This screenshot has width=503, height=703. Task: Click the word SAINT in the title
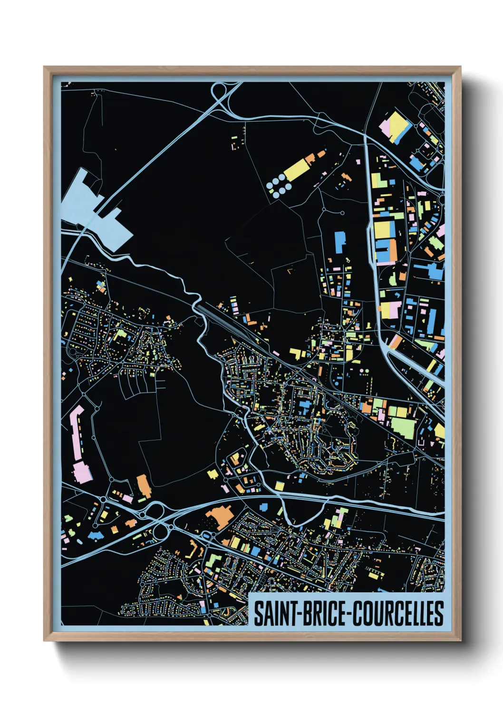(x=274, y=613)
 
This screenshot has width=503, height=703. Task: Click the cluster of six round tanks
(x=279, y=185)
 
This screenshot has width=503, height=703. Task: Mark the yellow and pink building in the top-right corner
(x=394, y=126)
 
